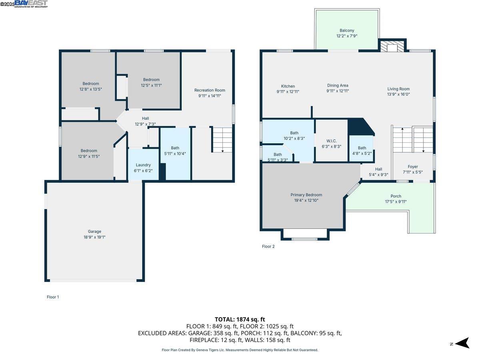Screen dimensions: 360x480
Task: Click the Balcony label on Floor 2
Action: (x=347, y=30)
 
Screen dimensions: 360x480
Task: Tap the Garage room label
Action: (x=94, y=231)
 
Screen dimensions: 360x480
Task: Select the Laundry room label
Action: (x=143, y=165)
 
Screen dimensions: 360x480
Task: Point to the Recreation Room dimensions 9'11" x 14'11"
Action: (x=210, y=96)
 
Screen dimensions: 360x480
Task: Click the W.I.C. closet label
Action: (x=331, y=141)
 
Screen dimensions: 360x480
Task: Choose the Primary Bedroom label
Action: (x=306, y=195)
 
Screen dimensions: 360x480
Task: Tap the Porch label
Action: (x=396, y=196)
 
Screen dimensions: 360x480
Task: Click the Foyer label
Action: (x=412, y=167)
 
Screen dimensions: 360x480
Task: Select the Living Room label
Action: (x=398, y=89)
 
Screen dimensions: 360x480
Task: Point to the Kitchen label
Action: (x=288, y=86)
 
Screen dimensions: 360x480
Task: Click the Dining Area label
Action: (x=338, y=85)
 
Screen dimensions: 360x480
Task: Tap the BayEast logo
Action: (x=31, y=4)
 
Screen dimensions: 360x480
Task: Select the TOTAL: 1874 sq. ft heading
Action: (x=240, y=319)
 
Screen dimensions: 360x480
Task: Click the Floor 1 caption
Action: (x=53, y=297)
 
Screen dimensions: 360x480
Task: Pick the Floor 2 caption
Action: (x=268, y=246)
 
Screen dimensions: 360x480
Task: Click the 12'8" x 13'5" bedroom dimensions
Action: (x=91, y=89)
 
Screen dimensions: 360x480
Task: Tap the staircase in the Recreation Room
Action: (x=222, y=140)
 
